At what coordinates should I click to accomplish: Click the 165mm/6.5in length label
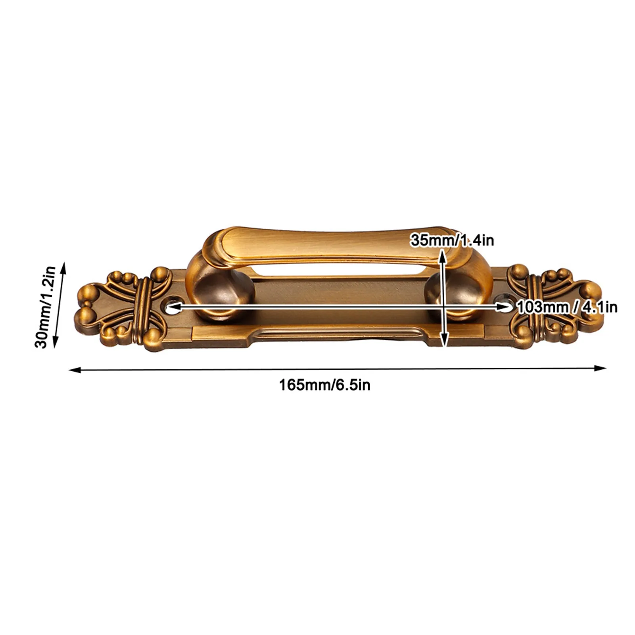[x=324, y=385]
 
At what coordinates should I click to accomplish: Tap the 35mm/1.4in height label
[x=452, y=240]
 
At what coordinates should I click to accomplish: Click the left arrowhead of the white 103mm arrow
[x=171, y=307]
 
